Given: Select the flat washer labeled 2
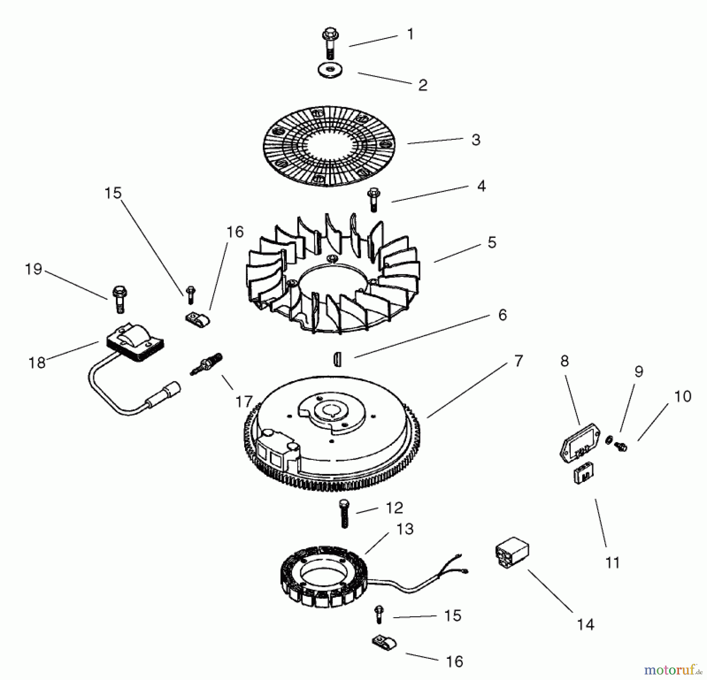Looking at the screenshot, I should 330,71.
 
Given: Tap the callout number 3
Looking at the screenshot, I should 476,140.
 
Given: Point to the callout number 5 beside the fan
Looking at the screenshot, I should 492,243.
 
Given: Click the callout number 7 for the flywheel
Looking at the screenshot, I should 518,361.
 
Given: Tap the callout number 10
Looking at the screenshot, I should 683,397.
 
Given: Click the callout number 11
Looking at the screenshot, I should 612,563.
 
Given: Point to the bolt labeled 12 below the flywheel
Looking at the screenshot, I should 344,514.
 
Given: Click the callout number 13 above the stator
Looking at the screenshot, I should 405,529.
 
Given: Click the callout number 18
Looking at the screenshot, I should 37,362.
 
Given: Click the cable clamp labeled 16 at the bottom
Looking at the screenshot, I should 384,643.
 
